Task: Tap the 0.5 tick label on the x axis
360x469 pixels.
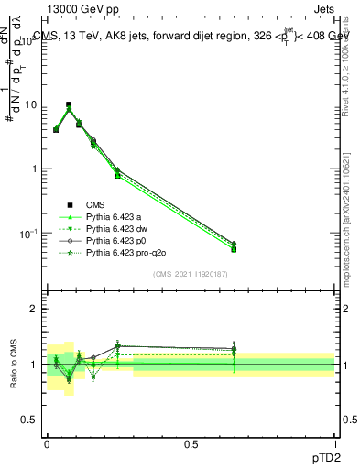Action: (191, 444)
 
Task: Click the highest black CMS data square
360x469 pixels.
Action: (69, 105)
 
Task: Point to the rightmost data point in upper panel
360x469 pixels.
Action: (234, 246)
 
